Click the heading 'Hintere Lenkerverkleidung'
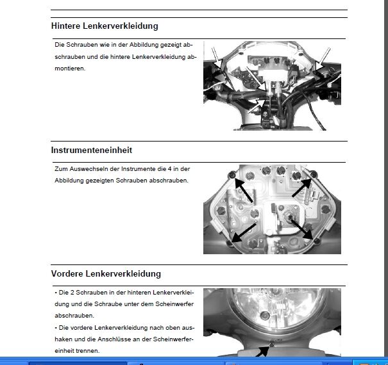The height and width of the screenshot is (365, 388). [105, 26]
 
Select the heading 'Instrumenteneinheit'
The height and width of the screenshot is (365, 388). [92, 150]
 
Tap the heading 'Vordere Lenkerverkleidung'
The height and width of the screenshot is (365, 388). [106, 273]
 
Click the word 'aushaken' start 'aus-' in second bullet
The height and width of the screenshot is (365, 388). [185, 327]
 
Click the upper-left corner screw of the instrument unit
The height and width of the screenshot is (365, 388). [232, 175]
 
